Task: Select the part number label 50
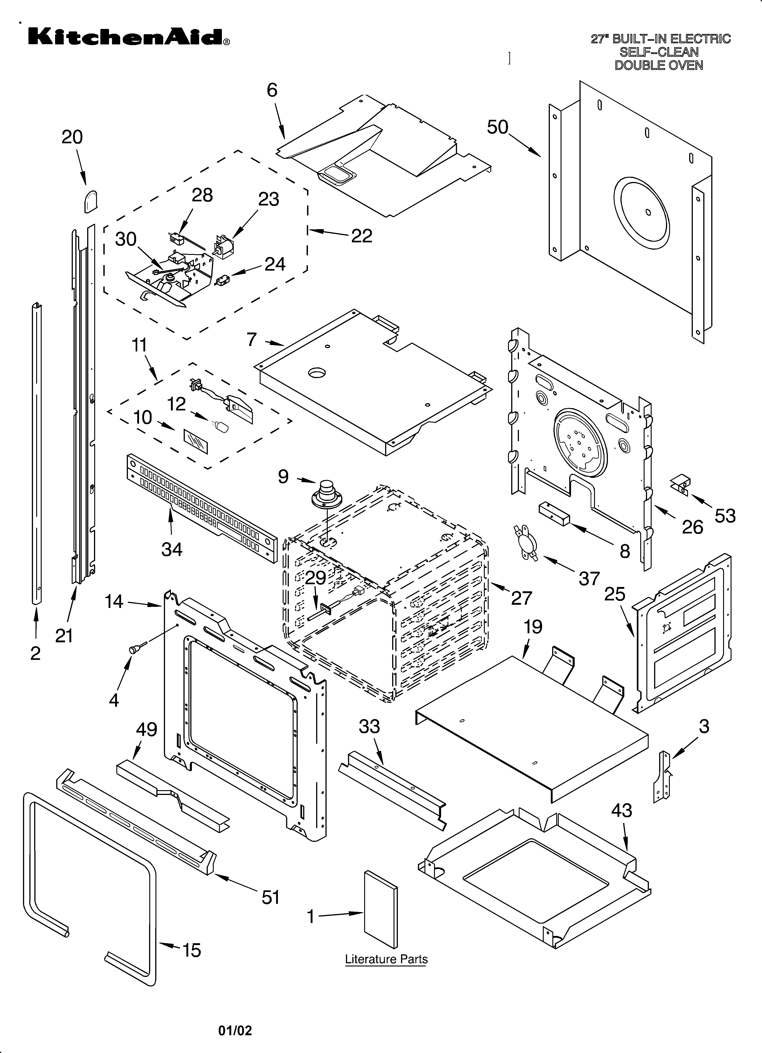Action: [x=498, y=127]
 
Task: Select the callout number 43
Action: [x=621, y=811]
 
